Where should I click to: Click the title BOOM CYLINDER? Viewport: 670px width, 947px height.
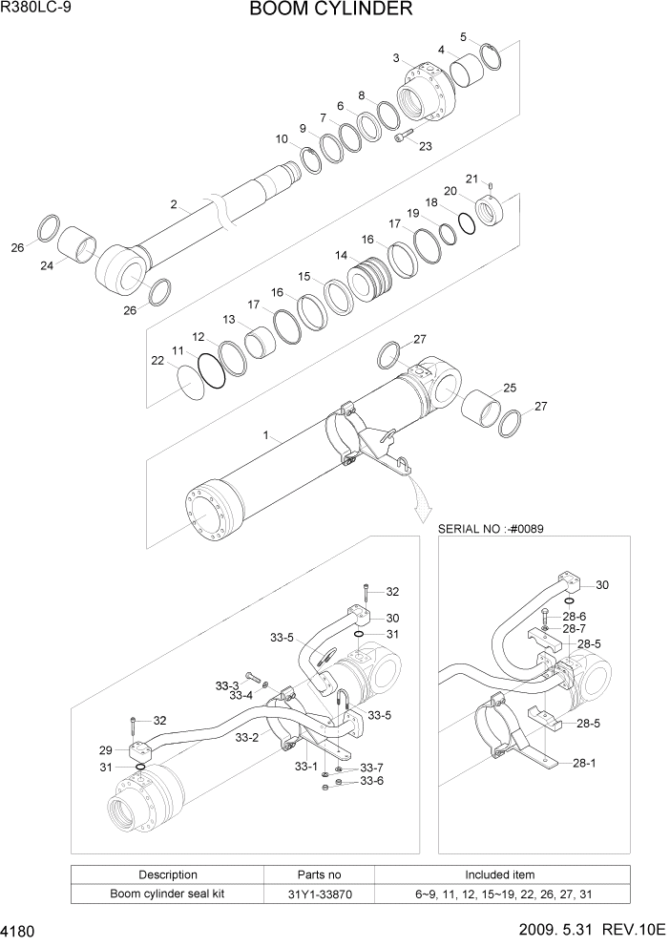point(331,11)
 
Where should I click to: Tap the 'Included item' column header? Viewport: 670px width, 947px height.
point(500,874)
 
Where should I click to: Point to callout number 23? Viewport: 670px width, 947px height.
point(425,146)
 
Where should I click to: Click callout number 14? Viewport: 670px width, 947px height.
point(341,256)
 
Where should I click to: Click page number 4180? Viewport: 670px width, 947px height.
point(20,930)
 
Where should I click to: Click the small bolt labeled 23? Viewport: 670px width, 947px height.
point(402,137)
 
